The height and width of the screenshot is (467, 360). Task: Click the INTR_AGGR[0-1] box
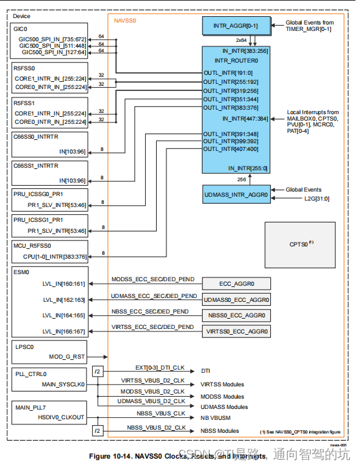(236, 26)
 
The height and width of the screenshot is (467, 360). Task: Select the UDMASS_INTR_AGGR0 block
(236, 194)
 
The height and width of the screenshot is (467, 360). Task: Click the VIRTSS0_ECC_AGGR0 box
(236, 332)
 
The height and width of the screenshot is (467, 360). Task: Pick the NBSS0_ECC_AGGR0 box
(236, 316)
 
